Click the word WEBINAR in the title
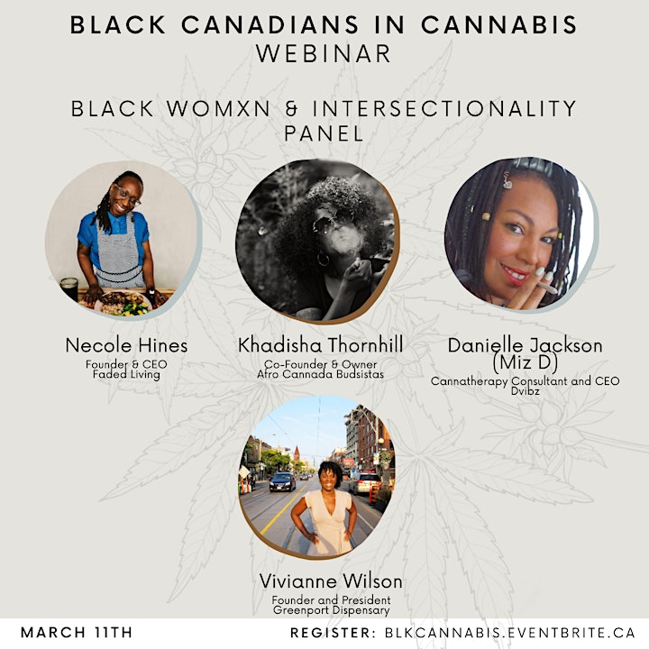[x=324, y=53]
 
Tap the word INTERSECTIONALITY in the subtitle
[x=444, y=109]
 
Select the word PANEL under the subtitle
[x=324, y=133]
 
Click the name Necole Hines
[x=126, y=345]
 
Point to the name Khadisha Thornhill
[x=320, y=344]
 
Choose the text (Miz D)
[x=526, y=362]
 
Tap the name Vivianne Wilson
[x=331, y=581]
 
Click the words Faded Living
[x=126, y=375]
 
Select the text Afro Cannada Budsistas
[x=320, y=374]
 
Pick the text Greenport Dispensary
[x=331, y=610]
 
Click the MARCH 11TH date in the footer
[x=77, y=633]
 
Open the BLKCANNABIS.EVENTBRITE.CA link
[x=510, y=633]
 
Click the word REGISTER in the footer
[x=330, y=633]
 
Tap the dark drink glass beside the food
[x=69, y=288]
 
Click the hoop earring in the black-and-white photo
[x=324, y=259]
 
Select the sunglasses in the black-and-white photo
[x=333, y=220]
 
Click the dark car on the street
[x=282, y=481]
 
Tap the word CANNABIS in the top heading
[x=498, y=25]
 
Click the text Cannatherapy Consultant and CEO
[x=525, y=380]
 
